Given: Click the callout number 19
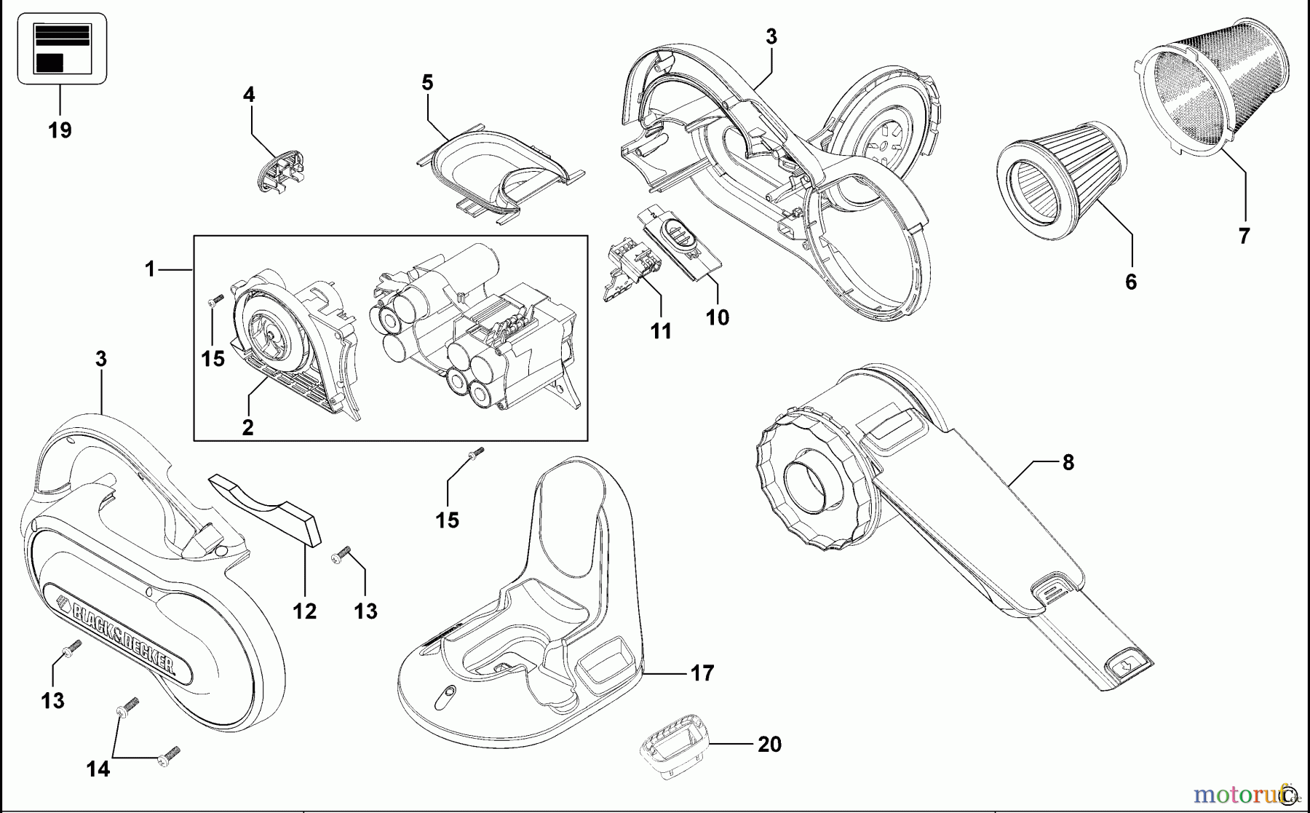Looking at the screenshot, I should [60, 131].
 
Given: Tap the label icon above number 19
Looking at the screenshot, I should [62, 48].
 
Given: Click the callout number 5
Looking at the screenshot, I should [427, 83].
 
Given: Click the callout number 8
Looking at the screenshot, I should [1068, 462].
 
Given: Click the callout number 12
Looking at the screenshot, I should [304, 611].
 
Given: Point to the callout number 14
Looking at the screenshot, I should [98, 769].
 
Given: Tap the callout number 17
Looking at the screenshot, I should [702, 673].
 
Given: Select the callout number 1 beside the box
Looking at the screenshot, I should [150, 270].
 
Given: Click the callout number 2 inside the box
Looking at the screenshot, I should [247, 428].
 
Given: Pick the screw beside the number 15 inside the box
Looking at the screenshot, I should [215, 301].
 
